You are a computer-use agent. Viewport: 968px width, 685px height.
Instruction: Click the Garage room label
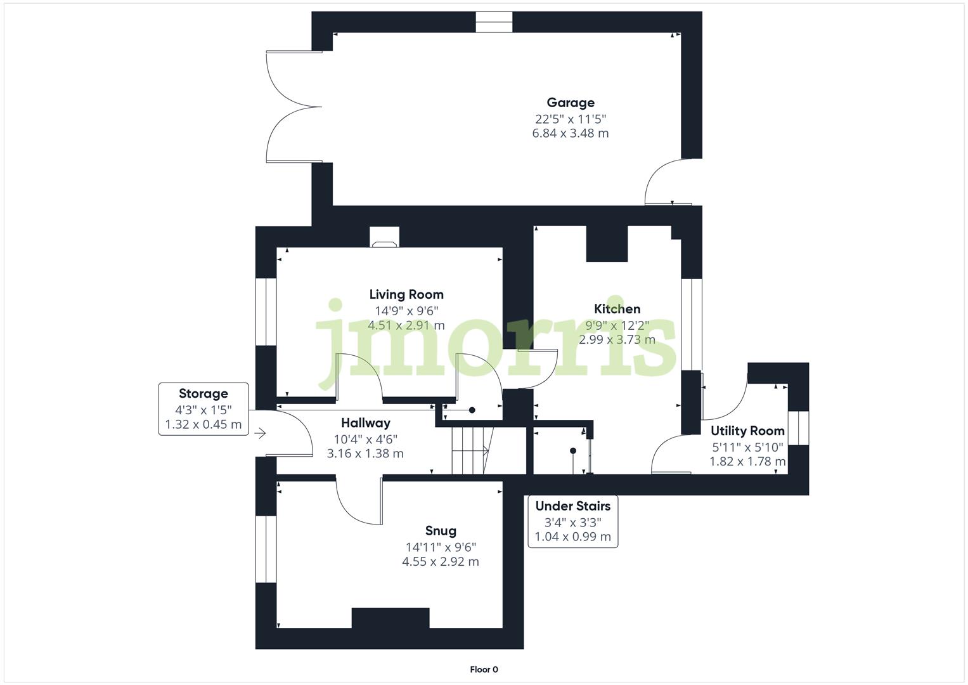coord(571,103)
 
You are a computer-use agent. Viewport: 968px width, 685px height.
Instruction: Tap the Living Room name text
coord(406,294)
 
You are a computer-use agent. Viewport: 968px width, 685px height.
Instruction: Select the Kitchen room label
coord(617,309)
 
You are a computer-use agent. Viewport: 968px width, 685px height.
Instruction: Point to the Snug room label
coord(441,531)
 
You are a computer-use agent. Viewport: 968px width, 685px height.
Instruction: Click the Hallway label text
coord(365,423)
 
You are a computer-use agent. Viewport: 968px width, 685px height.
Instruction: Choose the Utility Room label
coord(747,431)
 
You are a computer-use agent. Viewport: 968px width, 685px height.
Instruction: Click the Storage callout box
coord(203,409)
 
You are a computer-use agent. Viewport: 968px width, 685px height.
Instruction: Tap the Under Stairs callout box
coord(572,521)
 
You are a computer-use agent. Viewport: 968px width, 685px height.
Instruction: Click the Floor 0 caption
coord(484,669)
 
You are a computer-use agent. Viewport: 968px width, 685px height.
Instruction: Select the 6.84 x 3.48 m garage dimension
coord(571,133)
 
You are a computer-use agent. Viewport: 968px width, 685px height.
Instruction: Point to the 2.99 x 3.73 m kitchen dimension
coord(617,339)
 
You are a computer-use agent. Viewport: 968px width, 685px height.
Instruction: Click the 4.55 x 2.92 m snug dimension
coord(441,561)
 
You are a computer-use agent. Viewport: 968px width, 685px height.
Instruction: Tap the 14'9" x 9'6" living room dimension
coord(406,311)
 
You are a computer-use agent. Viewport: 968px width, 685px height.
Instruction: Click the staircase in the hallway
coord(472,450)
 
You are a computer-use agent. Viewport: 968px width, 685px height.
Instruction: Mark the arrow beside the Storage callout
coord(260,434)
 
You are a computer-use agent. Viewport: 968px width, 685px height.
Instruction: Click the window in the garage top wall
coord(494,22)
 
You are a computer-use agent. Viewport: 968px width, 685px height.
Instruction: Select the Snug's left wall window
coord(266,549)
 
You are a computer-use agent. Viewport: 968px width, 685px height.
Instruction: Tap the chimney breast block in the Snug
coord(390,618)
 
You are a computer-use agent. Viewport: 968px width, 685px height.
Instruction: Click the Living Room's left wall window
coord(266,311)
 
